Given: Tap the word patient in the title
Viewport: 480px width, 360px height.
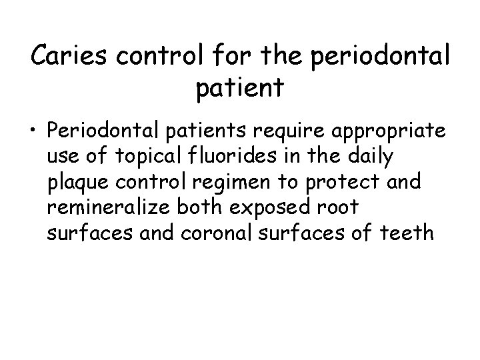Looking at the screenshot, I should [x=240, y=87].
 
